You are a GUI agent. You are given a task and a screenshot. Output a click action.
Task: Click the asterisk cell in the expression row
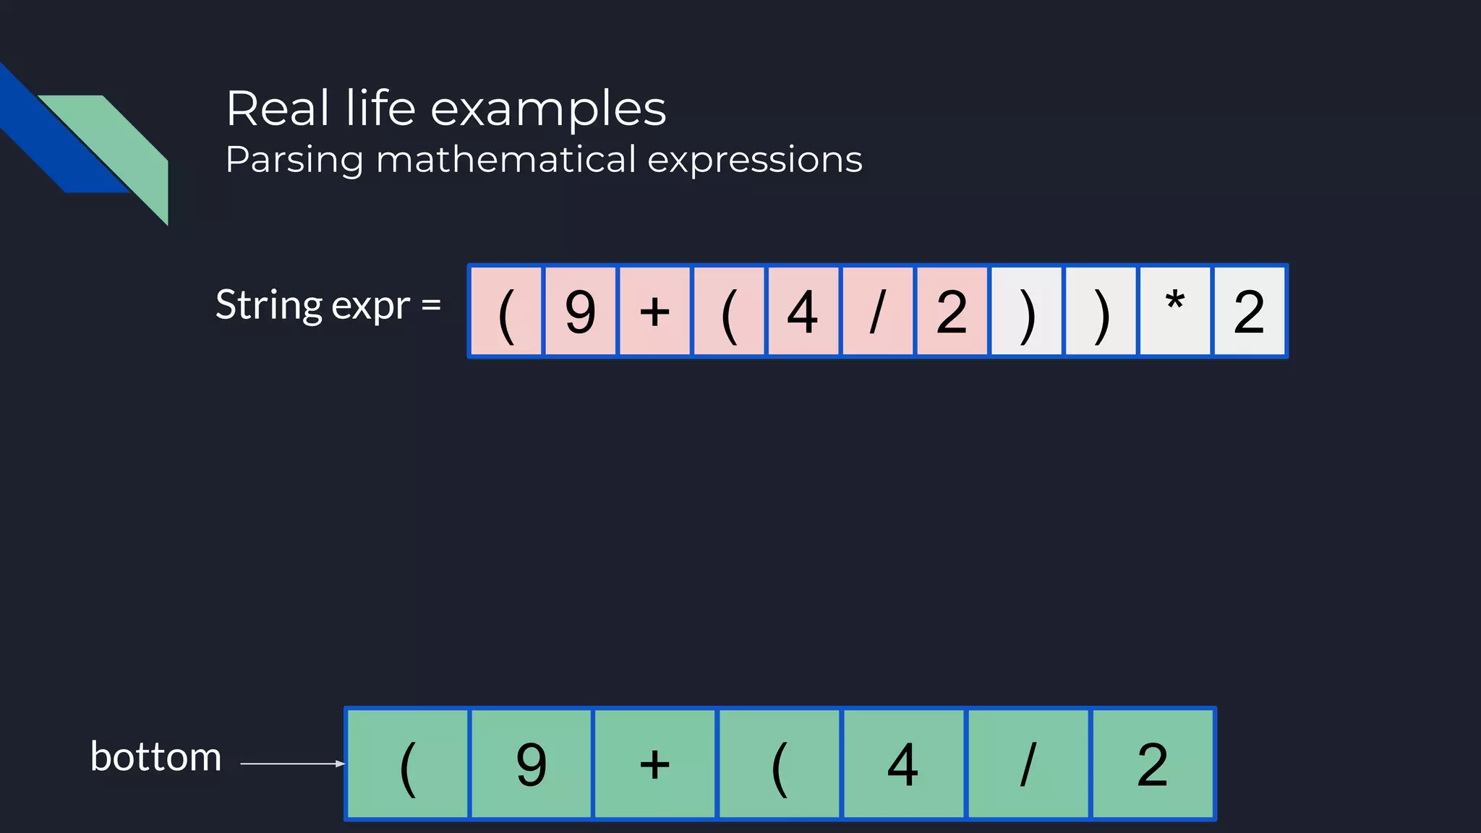point(1175,311)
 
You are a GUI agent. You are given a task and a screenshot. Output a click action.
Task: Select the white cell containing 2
point(1250,311)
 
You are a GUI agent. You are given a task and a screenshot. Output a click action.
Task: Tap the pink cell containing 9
point(580,311)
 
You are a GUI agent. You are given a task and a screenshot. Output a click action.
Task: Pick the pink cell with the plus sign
point(654,311)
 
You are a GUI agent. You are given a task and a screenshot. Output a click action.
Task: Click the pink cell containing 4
point(803,311)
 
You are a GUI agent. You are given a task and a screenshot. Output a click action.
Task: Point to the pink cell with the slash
point(877,311)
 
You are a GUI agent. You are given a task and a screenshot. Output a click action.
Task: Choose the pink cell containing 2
point(952,311)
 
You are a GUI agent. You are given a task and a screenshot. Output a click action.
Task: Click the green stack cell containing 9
point(532,764)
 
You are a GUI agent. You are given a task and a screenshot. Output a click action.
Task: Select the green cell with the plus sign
point(655,764)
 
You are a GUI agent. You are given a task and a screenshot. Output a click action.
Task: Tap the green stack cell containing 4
point(903,764)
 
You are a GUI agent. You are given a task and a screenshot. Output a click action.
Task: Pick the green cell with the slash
point(1028,764)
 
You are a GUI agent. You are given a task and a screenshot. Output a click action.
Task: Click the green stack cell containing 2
point(1153,764)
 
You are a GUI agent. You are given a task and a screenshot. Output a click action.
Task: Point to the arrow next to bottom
point(292,764)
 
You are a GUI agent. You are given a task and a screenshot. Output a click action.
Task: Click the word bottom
point(155,757)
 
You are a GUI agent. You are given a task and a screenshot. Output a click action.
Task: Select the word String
point(268,305)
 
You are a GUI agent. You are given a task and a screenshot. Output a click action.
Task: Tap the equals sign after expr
point(431,305)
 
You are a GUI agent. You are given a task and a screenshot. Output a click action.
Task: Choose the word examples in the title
point(548,109)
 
